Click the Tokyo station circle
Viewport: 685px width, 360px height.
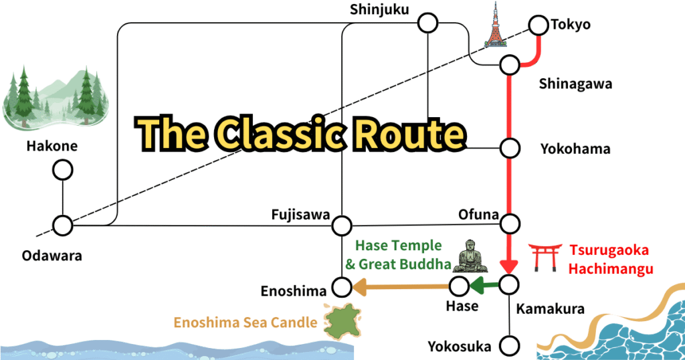[538, 25]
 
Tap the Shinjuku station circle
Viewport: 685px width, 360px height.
[427, 24]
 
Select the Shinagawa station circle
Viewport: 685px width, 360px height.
[510, 66]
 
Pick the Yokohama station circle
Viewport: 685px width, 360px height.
[510, 147]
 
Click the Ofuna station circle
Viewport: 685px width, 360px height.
[510, 222]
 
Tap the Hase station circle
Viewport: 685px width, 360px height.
[459, 286]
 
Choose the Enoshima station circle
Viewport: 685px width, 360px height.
[342, 288]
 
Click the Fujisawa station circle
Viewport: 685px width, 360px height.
[342, 225]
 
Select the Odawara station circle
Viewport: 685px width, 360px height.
[63, 226]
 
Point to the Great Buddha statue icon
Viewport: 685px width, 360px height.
[470, 256]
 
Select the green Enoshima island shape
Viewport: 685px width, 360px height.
[342, 321]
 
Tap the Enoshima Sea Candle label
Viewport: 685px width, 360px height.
[246, 323]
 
